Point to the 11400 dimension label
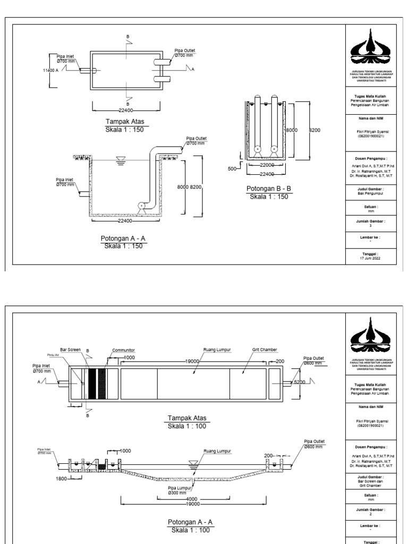[50, 70]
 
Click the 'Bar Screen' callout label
[71, 351]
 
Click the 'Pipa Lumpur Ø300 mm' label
[178, 489]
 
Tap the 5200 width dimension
[300, 382]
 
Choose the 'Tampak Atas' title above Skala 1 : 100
[185, 419]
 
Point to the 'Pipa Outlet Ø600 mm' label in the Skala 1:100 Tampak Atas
[313, 361]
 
